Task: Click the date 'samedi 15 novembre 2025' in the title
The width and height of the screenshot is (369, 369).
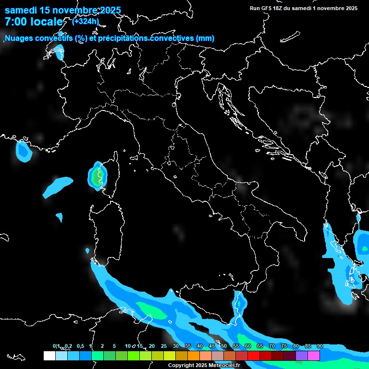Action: click(x=62, y=10)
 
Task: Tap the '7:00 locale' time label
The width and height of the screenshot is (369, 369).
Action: click(x=34, y=22)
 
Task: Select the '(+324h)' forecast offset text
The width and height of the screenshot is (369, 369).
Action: click(x=86, y=21)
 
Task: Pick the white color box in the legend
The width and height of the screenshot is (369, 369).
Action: click(x=49, y=356)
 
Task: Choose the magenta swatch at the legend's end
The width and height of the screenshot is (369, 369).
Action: click(x=314, y=356)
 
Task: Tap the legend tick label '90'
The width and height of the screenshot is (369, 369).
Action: click(x=320, y=346)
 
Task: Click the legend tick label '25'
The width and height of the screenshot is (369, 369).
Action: click(x=164, y=346)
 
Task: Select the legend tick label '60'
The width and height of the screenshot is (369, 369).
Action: click(x=248, y=346)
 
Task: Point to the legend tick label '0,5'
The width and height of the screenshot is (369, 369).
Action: click(x=80, y=346)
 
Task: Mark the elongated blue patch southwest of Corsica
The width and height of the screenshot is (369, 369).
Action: click(x=58, y=187)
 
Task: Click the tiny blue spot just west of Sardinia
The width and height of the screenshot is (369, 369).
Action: click(x=87, y=250)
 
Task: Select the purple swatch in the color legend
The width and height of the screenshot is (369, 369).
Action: click(x=302, y=356)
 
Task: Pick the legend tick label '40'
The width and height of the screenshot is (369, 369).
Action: click(x=200, y=346)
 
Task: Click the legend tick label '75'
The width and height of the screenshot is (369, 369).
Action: click(x=284, y=346)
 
